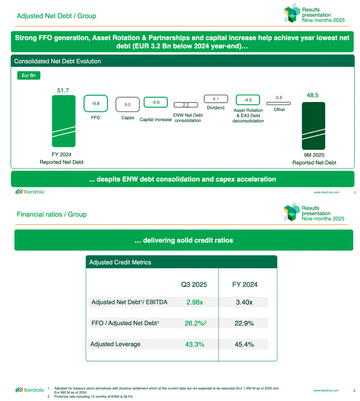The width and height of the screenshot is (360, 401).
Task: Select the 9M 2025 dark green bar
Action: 313,126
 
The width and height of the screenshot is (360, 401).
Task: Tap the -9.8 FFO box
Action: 96,103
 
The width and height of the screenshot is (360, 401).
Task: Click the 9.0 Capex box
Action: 127,104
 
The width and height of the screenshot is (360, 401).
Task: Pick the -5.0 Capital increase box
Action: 155,102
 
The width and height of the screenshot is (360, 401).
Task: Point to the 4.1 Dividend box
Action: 216,99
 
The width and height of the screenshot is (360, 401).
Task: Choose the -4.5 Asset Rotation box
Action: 248,100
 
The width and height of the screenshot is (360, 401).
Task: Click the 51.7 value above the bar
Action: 63,90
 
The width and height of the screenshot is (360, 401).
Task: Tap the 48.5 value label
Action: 313,96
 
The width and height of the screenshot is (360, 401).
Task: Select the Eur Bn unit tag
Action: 28,76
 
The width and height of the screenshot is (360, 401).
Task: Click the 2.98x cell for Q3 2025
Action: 194,302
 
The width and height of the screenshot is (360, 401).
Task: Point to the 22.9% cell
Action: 244,323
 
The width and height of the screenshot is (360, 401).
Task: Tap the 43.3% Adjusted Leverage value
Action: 194,344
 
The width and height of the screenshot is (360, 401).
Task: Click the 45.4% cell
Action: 244,344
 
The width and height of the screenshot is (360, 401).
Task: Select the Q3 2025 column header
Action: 194,285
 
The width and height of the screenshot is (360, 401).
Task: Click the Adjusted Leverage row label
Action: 115,344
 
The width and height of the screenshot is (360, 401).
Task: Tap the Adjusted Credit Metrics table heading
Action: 120,262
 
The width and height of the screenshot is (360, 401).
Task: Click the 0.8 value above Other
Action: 279,98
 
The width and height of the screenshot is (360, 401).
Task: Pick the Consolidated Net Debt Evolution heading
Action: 57,61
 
